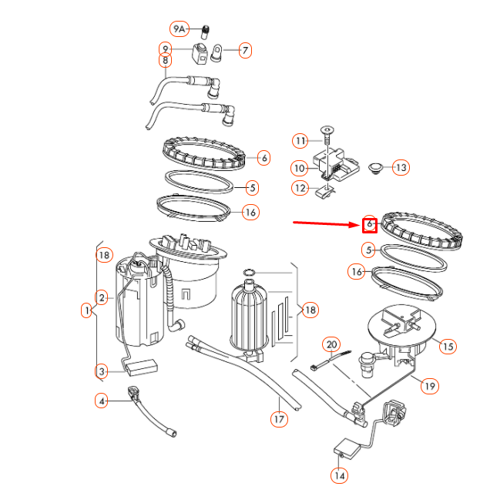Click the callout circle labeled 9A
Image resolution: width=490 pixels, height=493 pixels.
tap(180, 29)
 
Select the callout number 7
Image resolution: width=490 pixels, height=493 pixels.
tap(245, 51)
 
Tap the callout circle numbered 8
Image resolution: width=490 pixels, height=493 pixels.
tap(165, 60)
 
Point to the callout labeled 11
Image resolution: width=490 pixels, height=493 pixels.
tap(300, 140)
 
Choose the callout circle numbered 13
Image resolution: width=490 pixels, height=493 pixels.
tap(401, 167)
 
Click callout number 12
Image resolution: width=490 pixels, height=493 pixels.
tap(300, 187)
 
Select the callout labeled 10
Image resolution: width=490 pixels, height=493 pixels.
tap(300, 167)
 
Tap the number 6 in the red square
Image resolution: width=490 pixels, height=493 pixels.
tap(369, 224)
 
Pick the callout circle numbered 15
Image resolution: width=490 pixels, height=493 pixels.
tap(448, 347)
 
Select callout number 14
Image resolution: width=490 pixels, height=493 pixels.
tap(339, 475)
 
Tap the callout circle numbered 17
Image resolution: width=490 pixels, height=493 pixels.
tap(279, 419)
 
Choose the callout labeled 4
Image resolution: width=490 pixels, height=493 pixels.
tap(102, 401)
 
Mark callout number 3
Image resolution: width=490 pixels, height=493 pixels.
tap(102, 372)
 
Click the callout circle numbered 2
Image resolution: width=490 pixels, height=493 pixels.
tap(101, 297)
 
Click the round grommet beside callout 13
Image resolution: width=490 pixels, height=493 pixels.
tap(377, 166)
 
